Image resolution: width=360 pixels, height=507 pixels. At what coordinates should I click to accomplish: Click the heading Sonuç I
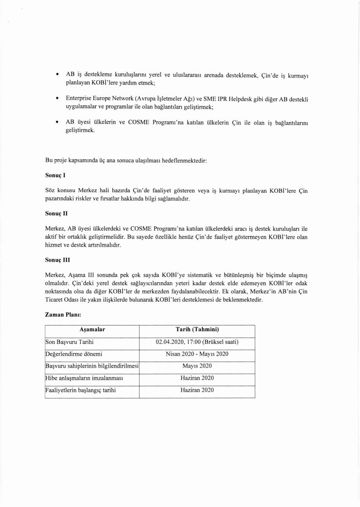tap(55, 174)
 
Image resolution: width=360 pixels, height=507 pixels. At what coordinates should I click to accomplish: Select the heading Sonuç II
tap(57, 214)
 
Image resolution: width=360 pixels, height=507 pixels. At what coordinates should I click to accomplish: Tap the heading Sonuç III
tap(57, 262)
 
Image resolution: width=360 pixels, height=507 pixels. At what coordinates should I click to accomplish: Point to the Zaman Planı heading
tap(63, 315)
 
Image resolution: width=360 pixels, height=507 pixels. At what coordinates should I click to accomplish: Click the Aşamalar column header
tap(92, 330)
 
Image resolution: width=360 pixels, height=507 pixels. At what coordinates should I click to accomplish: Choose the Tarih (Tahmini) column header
tap(197, 330)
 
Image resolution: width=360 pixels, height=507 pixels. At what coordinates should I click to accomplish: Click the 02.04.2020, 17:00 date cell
tap(197, 342)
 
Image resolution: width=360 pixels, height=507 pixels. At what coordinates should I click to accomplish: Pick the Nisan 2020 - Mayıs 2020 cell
tap(197, 354)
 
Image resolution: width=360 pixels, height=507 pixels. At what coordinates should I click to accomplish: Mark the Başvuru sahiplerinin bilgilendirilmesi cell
tap(92, 366)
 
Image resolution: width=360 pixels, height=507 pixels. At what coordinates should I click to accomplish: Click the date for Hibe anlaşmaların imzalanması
tap(197, 378)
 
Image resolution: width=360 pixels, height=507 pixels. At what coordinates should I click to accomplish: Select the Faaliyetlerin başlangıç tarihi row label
tap(81, 390)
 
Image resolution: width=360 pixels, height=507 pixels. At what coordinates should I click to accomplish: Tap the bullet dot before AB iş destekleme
tap(57, 75)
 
